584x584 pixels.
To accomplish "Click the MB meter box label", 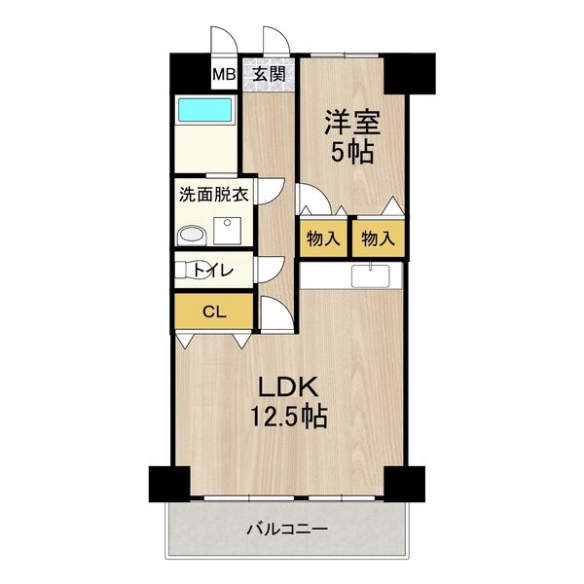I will point(224,74).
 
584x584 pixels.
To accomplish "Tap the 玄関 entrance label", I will point(270,73).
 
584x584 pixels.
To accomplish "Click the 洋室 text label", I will point(350,124).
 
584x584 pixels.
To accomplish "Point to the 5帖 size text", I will point(350,153).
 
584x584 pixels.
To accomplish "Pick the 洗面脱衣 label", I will point(213,194).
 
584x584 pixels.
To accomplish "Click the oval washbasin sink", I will point(192,234).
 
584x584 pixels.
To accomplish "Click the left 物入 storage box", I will point(322,237).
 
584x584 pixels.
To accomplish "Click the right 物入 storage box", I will point(377,237).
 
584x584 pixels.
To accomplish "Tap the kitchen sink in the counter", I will point(371,276).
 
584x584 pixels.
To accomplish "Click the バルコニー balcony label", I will point(287,530).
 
